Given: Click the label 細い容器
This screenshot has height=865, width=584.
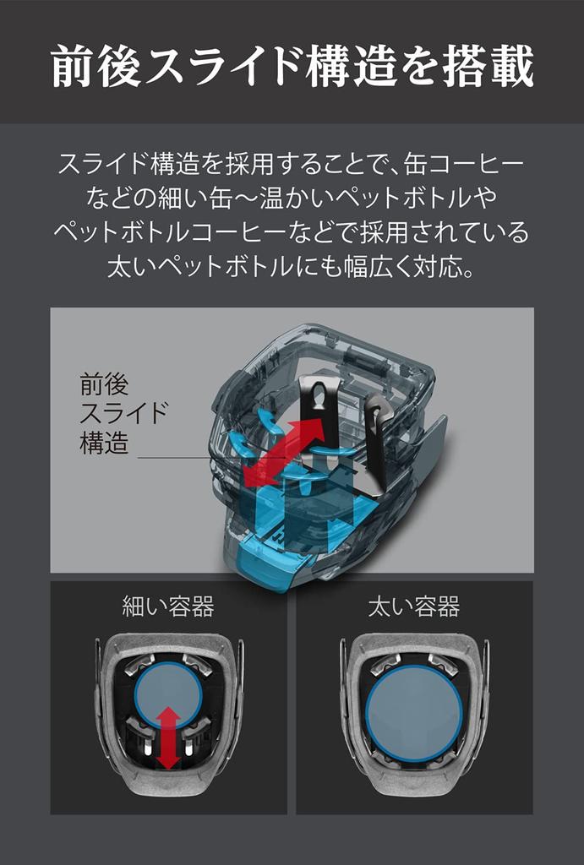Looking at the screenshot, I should (x=168, y=607).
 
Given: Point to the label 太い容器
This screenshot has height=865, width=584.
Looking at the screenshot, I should (x=414, y=607).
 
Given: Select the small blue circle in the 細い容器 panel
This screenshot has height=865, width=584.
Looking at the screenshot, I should (x=169, y=695).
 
